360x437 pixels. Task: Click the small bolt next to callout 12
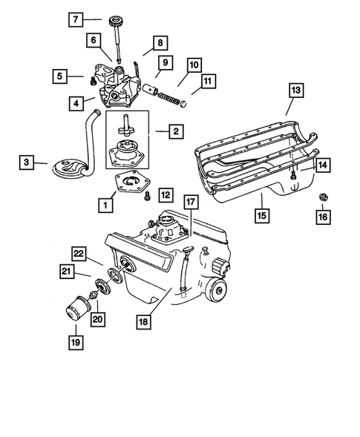point(147,196)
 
